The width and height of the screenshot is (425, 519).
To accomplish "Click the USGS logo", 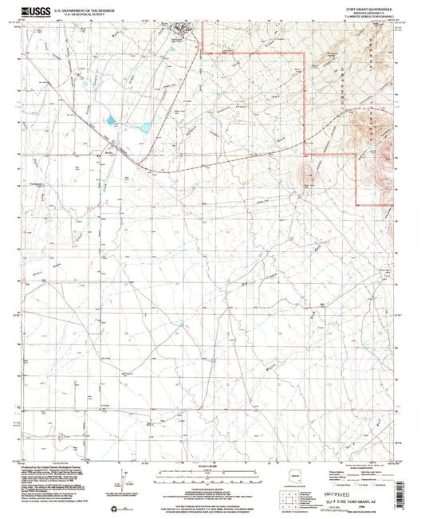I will pyautogui.click(x=32, y=10).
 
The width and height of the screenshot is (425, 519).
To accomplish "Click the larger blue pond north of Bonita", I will pyautogui.click(x=109, y=122).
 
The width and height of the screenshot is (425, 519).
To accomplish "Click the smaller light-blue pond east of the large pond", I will pyautogui.click(x=144, y=127).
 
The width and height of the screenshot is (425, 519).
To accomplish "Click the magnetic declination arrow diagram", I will pyautogui.click(x=122, y=487).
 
